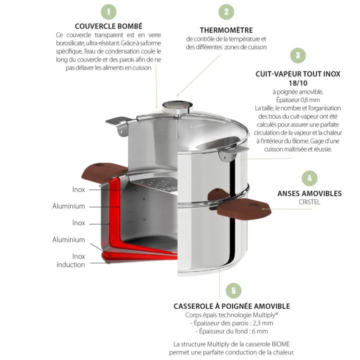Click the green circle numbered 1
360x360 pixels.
point(108,11)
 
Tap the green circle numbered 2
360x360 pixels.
point(226,12)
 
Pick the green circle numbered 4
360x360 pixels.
point(309,177)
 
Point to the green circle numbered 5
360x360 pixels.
point(233,290)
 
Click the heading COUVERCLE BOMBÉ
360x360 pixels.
point(109,26)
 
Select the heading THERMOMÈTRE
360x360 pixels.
point(226,30)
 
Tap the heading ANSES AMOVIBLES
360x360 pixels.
point(309,193)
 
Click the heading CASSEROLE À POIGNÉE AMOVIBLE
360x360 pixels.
point(232,306)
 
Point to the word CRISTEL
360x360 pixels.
point(309,202)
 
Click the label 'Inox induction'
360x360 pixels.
point(71,261)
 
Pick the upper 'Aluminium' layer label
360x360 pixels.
point(69,206)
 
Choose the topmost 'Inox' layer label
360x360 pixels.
point(78,189)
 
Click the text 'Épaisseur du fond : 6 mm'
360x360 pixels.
point(232,331)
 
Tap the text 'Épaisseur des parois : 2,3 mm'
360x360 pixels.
point(232,323)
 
